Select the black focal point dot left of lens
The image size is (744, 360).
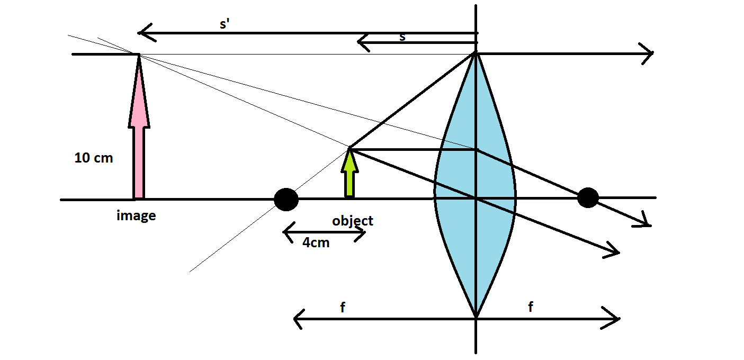pos(286,200)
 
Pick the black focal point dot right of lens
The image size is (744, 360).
pos(588,198)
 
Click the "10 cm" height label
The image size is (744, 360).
pos(94,158)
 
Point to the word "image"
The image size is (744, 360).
pos(136,215)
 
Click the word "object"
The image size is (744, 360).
pos(353,221)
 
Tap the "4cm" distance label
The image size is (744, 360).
pos(316,243)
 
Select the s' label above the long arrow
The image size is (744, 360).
pos(224,25)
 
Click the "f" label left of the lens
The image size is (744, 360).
pos(343,308)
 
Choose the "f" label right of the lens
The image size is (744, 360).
pos(531,308)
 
